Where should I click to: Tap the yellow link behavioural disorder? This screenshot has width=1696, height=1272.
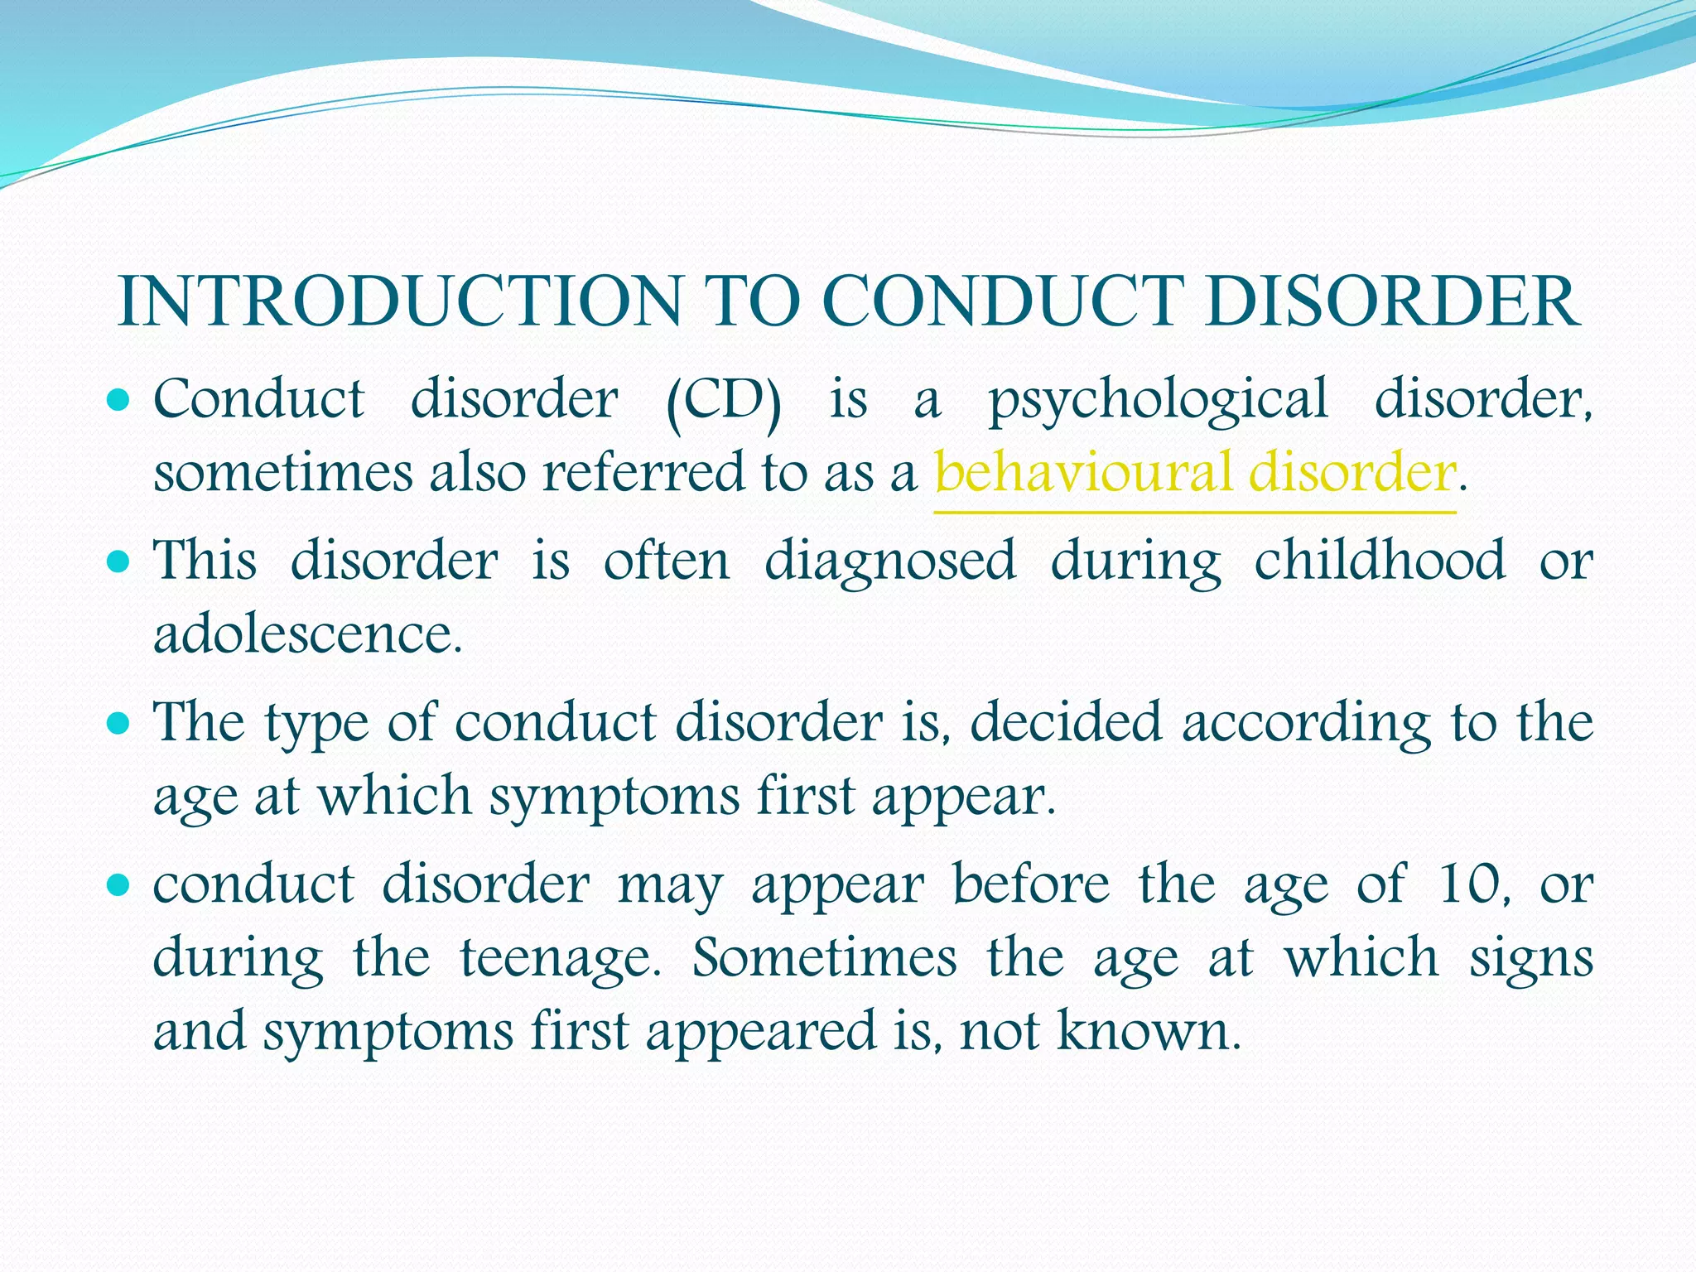[1194, 473]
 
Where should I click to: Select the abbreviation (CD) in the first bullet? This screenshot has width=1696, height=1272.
[723, 401]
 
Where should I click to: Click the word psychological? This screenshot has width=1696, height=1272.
[1158, 401]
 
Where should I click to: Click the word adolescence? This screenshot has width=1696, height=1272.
[307, 635]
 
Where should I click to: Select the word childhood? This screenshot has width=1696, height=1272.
[1379, 561]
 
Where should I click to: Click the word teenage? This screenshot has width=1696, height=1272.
[561, 958]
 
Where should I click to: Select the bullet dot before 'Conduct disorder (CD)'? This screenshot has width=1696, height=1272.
[119, 401]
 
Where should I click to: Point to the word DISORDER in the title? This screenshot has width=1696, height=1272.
[1392, 301]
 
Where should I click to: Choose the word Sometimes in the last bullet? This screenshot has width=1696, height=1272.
[824, 958]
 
